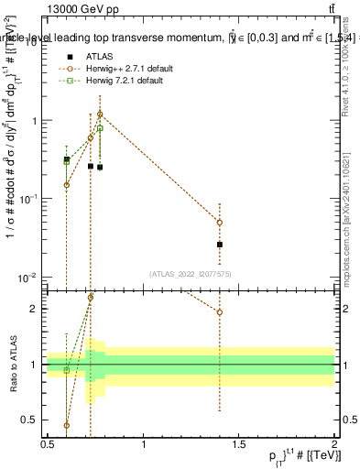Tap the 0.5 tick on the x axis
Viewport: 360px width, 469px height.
(x=48, y=443)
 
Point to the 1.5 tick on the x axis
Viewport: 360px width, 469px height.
(x=238, y=443)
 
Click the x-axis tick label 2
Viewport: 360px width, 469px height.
(x=333, y=443)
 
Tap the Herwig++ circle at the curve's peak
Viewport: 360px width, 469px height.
(x=100, y=115)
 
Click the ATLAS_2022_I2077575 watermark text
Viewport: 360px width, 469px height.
(x=190, y=274)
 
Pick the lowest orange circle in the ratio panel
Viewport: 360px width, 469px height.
(x=67, y=425)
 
